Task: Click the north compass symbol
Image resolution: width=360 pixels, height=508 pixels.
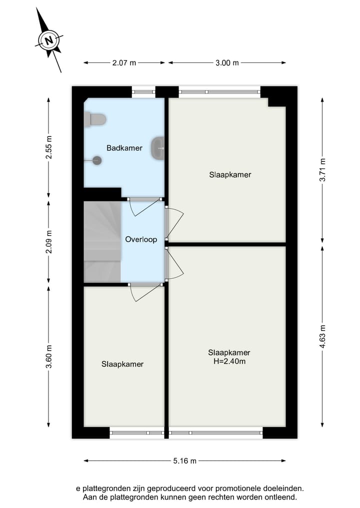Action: (49, 40)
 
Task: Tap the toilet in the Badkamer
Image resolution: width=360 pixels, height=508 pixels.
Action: (95, 119)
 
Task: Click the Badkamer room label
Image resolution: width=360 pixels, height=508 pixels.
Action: (124, 148)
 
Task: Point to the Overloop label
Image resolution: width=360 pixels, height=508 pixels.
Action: (141, 239)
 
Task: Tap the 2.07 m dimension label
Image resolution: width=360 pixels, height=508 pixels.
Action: (124, 63)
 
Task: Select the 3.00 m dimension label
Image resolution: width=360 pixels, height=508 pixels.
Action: (227, 63)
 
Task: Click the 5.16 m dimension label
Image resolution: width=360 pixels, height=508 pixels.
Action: (184, 461)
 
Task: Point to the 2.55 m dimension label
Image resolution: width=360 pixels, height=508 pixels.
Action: (48, 148)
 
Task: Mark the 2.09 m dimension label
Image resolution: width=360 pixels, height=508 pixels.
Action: (48, 242)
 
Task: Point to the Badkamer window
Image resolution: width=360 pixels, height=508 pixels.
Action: (143, 92)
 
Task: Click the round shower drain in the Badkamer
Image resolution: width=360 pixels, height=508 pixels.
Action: (97, 160)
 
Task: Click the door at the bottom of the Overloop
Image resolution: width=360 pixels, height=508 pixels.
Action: (144, 291)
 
